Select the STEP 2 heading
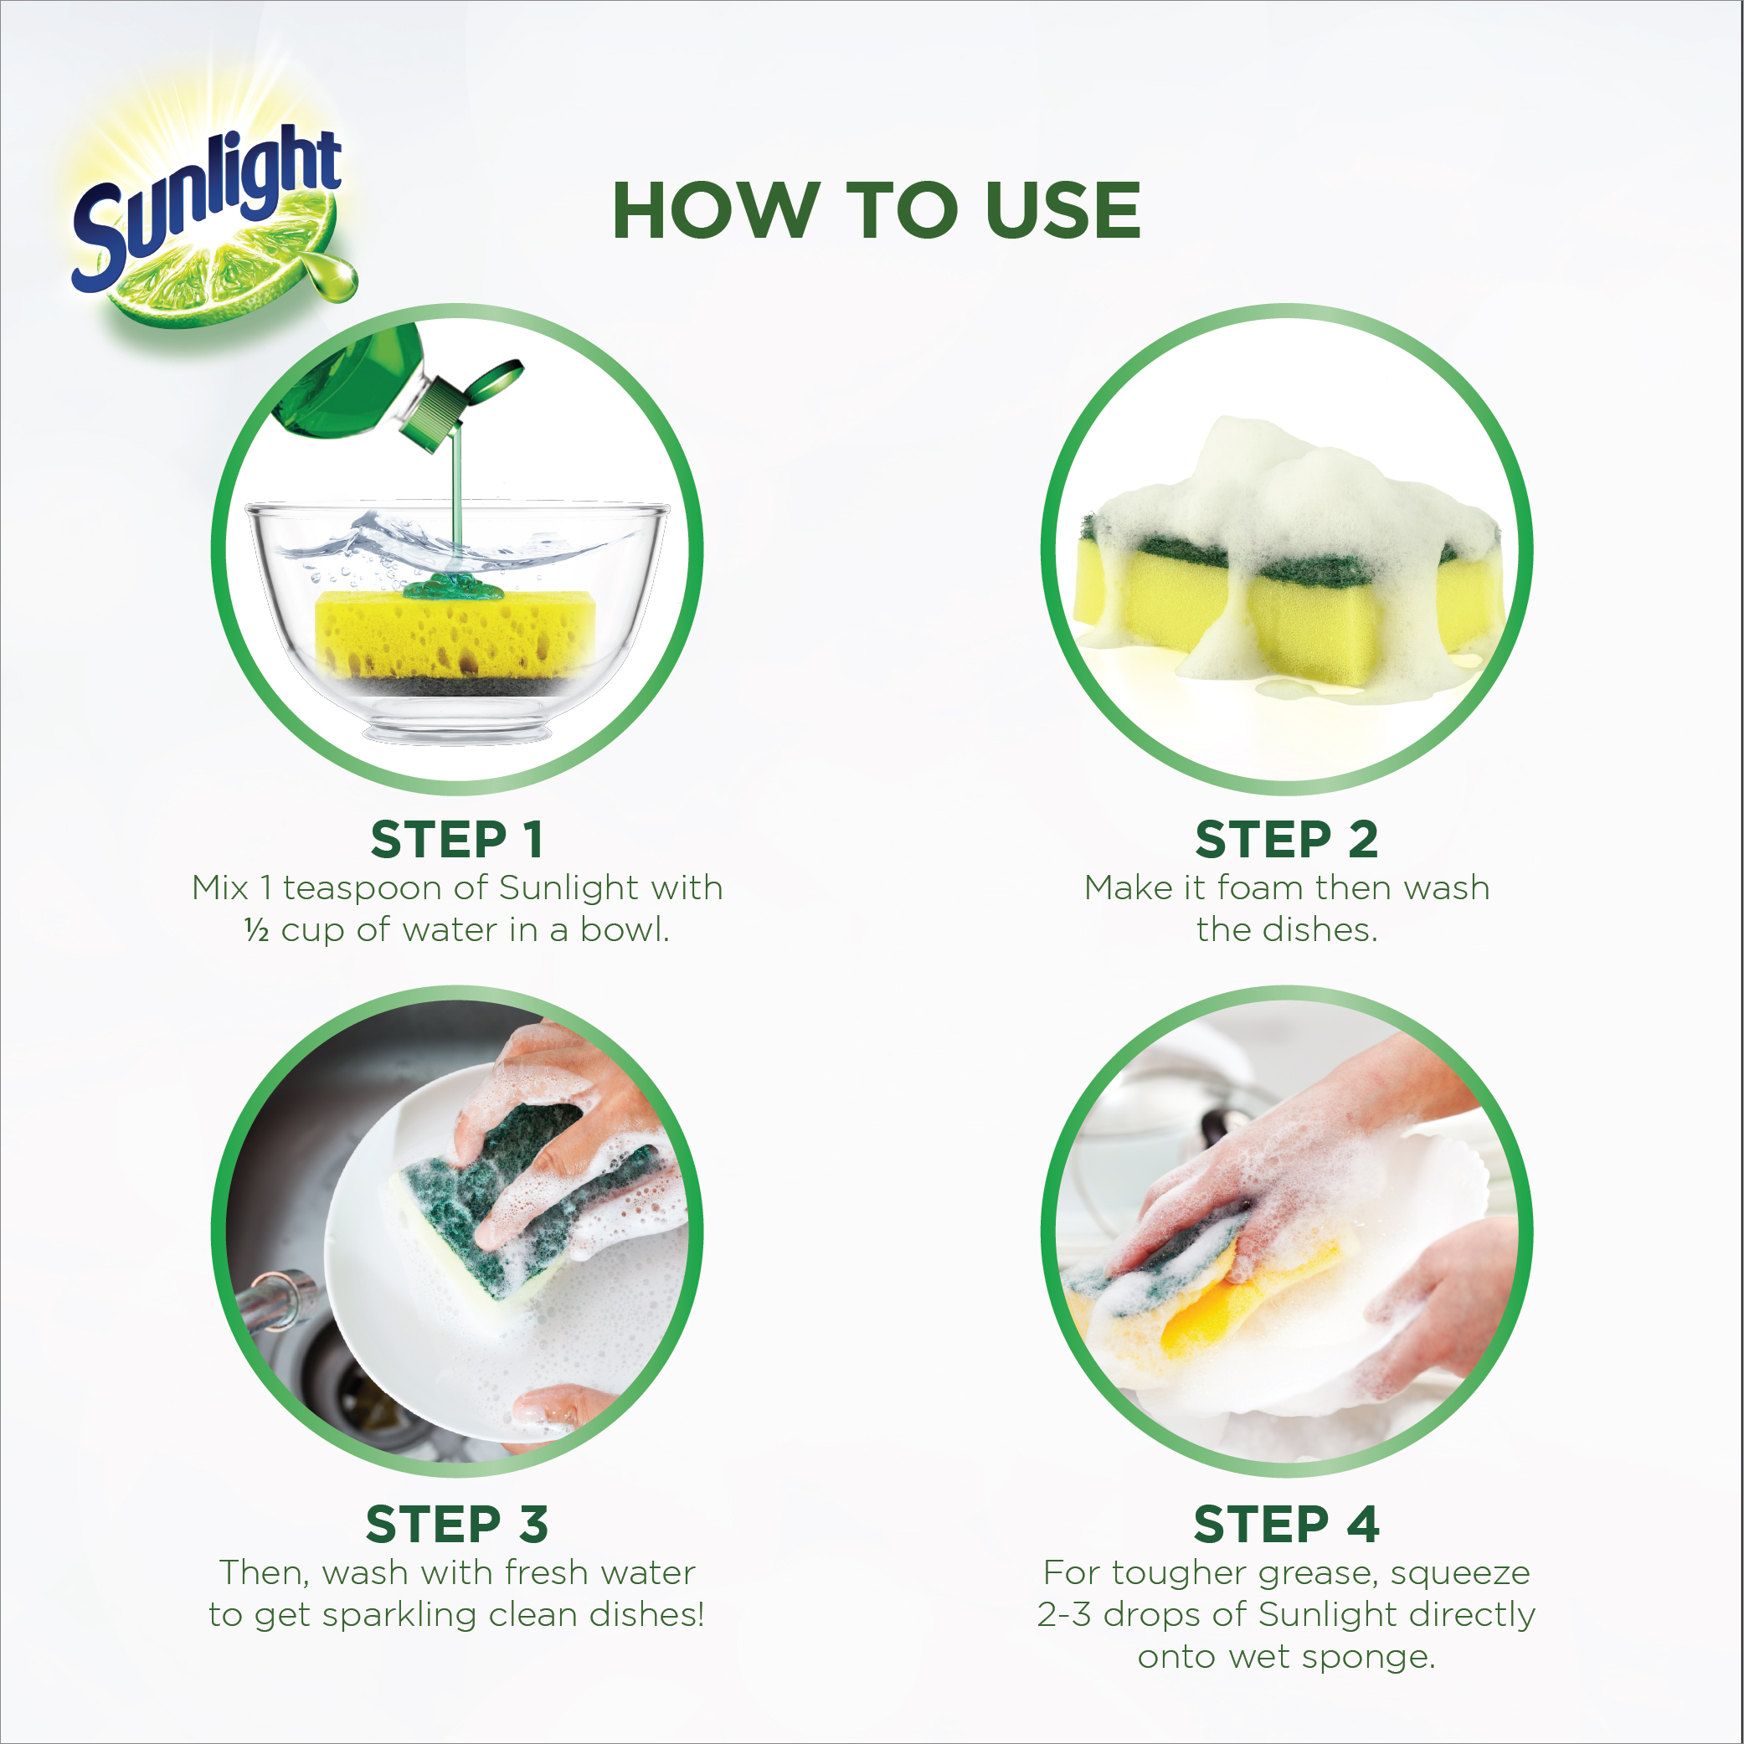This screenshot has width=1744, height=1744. tap(1286, 840)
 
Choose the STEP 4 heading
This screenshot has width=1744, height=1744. tap(1286, 1525)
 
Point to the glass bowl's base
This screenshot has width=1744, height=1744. tap(457, 728)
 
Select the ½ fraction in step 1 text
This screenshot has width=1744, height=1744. tap(256, 931)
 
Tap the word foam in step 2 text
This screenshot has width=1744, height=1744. tap(1260, 888)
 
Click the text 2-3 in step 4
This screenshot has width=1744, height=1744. tap(1064, 1615)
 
